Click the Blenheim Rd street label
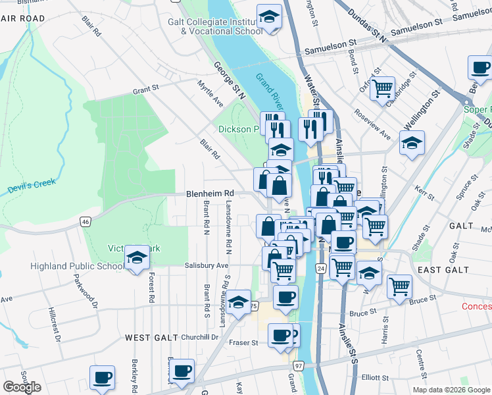[210, 193]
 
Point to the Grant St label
[146, 89]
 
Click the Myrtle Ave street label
[210, 93]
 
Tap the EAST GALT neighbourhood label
[443, 270]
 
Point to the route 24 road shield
[320, 269]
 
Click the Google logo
[22, 386]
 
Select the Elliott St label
[375, 377]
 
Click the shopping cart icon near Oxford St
[382, 88]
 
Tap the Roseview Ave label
[372, 124]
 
